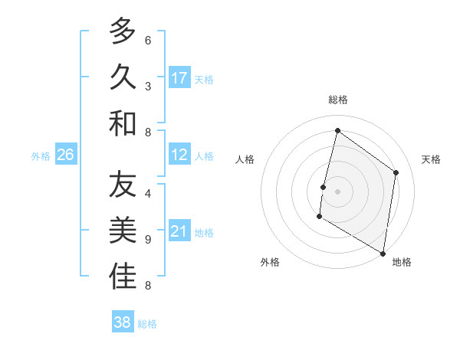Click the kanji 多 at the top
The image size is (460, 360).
[x=123, y=31]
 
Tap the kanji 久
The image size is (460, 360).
[x=123, y=77]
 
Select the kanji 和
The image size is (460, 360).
[x=123, y=123]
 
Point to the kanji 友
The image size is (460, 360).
[x=123, y=185]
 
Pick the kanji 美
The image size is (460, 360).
[x=123, y=231]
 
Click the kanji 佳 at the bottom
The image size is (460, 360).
[x=123, y=277]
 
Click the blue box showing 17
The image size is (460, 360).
[x=179, y=78]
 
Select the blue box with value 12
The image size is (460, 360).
[x=179, y=155]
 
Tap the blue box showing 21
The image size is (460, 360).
[x=179, y=232]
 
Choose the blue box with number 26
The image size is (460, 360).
[x=66, y=155]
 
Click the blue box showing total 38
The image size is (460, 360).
[x=123, y=322]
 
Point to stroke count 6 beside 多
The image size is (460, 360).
[x=148, y=41]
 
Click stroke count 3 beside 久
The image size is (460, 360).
[x=148, y=87]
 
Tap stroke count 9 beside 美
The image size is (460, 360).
[x=148, y=240]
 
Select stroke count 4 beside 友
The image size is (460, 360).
[x=148, y=194]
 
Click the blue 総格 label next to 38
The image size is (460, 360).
[x=147, y=324]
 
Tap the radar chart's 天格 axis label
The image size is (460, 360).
[x=431, y=159]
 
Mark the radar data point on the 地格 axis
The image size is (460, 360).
[x=383, y=253]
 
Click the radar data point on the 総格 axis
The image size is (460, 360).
[x=337, y=130]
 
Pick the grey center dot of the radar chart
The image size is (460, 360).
[x=337, y=191]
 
